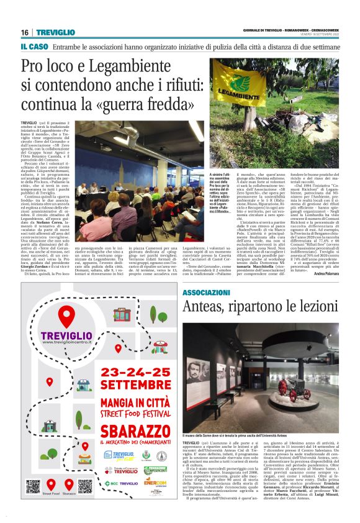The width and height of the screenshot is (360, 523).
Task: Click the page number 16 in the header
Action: [x=25, y=32]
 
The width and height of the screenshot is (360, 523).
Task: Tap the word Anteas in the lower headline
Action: [x=209, y=308]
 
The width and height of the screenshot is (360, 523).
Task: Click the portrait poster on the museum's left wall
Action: [x=194, y=370]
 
